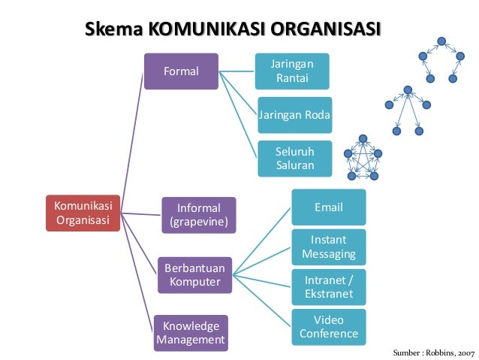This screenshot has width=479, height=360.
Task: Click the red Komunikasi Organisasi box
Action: click(82, 213)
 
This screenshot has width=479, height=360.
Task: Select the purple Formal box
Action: click(181, 71)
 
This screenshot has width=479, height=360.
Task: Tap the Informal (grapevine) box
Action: click(198, 215)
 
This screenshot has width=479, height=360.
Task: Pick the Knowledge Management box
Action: click(191, 333)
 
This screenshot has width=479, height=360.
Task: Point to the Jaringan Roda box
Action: click(294, 115)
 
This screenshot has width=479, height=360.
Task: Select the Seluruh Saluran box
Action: click(294, 158)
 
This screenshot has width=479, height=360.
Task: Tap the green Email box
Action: click(328, 207)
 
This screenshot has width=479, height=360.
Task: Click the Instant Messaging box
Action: click(328, 247)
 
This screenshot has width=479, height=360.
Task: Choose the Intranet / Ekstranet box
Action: click(328, 286)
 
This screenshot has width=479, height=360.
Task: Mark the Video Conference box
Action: click(328, 327)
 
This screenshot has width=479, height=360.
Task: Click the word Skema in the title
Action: click(114, 30)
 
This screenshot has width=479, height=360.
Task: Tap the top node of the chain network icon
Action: click(441, 41)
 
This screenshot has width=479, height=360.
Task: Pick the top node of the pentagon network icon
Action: click(363, 138)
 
